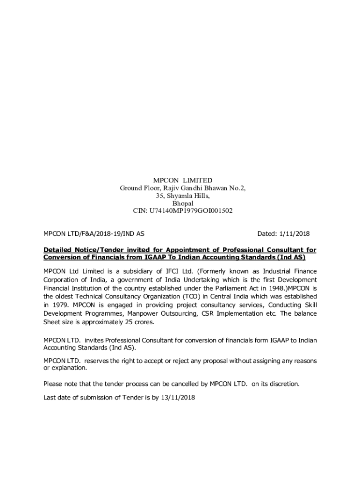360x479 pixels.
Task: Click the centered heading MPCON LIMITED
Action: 183,180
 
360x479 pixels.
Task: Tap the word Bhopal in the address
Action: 183,203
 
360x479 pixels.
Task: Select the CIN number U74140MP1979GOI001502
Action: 191,211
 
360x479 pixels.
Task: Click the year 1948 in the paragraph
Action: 268,288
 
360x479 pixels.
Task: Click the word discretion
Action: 283,384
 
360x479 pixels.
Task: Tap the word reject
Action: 164,361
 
